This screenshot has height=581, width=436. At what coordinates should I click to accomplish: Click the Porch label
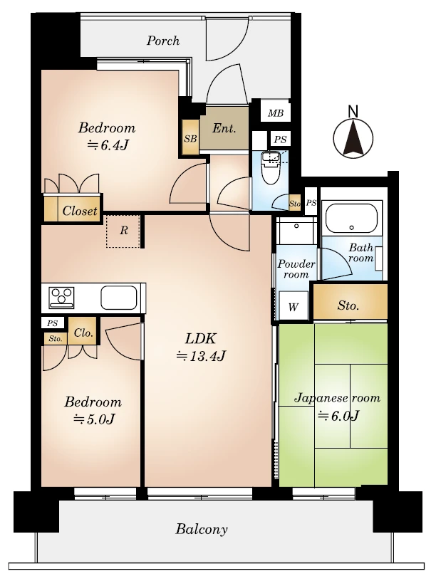(163, 41)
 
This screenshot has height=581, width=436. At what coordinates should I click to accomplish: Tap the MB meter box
(275, 113)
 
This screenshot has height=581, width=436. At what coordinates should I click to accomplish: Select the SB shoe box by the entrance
(190, 138)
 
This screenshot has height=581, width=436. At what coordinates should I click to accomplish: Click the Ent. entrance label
(224, 128)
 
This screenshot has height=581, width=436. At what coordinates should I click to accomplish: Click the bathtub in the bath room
(351, 218)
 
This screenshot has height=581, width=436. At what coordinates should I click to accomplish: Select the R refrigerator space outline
(123, 231)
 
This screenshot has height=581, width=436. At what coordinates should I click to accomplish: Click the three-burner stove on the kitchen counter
(61, 298)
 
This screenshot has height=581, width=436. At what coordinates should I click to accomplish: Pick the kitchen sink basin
(119, 298)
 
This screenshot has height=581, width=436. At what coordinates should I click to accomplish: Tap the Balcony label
(202, 529)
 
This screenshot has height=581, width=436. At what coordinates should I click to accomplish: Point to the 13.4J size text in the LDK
(201, 356)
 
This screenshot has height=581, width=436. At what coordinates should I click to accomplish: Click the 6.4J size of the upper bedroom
(108, 145)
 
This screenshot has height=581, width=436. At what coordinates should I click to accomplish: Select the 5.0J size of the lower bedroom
(94, 419)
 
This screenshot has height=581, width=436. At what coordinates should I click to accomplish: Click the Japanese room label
(338, 398)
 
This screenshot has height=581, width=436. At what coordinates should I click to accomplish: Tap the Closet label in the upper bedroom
(80, 211)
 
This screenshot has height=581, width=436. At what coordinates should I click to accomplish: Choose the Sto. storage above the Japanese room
(348, 305)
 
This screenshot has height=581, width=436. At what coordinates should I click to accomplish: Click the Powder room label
(296, 269)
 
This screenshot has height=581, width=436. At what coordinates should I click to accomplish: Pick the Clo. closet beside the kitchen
(83, 333)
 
